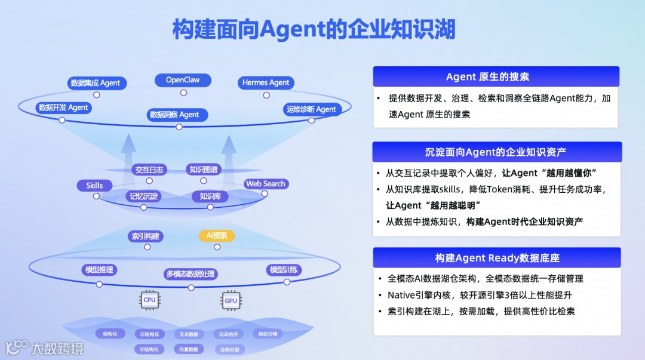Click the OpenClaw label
point(183,80)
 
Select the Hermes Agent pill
point(266,83)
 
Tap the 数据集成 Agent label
point(96,83)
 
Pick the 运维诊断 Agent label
point(311,109)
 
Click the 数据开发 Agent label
point(63,108)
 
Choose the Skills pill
point(94,186)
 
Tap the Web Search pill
point(266,184)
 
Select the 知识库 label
point(210,196)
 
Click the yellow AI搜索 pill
point(217,236)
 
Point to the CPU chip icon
point(149,300)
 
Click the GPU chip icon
point(231,300)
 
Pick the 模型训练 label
point(284,270)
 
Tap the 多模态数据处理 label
point(191,274)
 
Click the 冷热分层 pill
point(229,349)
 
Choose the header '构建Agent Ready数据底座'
point(497,258)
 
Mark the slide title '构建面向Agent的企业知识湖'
point(314,29)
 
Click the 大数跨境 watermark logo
point(44,347)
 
